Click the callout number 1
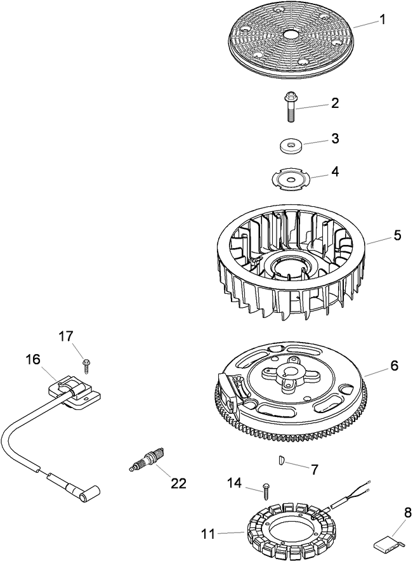pos(383,20)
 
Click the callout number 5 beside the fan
pos(397,235)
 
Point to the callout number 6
pos(394,366)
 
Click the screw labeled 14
pos(266,491)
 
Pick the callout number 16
pos(32,360)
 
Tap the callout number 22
pos(178,483)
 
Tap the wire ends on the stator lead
pos(366,488)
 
